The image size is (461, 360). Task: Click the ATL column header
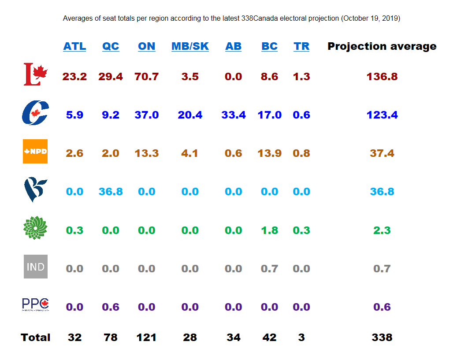tap(74, 46)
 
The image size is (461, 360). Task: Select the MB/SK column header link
tap(190, 46)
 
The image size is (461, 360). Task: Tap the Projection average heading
tap(382, 46)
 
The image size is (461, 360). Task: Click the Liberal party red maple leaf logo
tap(35, 74)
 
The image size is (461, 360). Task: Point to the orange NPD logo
tap(35, 152)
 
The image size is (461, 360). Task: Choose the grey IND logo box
tap(35, 267)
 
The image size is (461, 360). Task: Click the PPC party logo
tap(35, 304)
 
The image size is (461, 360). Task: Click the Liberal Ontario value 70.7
tap(146, 77)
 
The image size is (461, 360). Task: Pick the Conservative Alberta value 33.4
tap(233, 115)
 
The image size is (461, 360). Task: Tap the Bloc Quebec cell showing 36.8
tap(111, 192)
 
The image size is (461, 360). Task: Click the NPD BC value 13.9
tap(269, 153)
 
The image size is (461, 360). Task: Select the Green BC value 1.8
tap(269, 230)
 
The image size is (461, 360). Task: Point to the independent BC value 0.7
tap(269, 268)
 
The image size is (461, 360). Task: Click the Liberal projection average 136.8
tap(382, 77)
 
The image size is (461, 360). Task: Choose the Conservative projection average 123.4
tap(382, 115)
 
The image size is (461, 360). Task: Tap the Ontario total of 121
tap(146, 338)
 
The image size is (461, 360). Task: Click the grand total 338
tap(382, 338)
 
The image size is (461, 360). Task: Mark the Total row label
tap(35, 338)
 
